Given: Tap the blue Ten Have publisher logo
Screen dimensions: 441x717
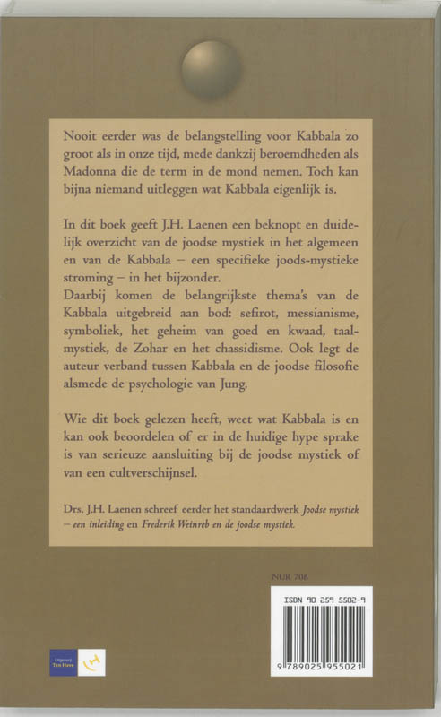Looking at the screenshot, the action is click(x=62, y=663).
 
